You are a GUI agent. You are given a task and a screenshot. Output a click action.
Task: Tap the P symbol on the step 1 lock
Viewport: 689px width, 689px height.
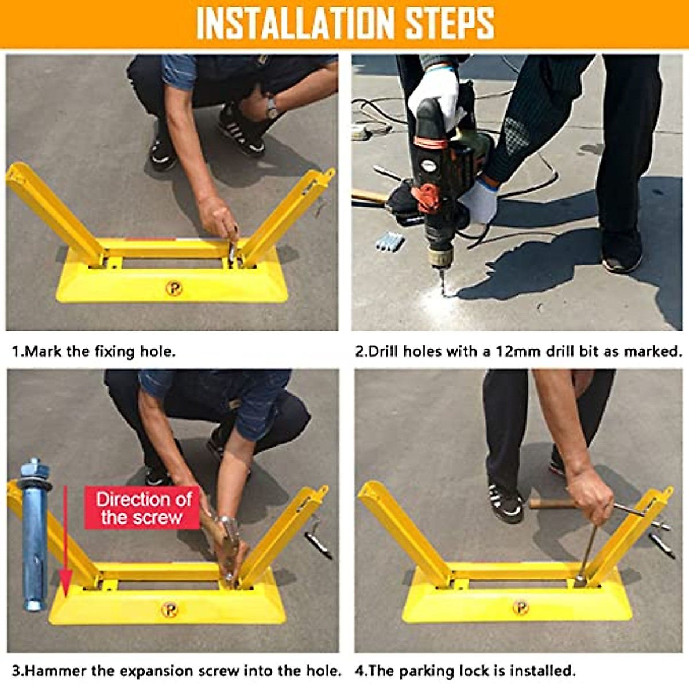click(x=174, y=288)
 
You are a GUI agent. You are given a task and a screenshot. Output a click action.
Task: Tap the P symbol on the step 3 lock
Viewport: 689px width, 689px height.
click(x=169, y=610)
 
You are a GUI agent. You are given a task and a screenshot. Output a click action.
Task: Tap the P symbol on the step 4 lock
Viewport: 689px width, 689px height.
click(x=521, y=607)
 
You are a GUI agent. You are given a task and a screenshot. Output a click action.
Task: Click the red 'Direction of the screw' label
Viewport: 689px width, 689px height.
click(x=142, y=508)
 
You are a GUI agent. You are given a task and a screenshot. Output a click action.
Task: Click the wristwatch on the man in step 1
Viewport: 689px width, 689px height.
click(x=273, y=110)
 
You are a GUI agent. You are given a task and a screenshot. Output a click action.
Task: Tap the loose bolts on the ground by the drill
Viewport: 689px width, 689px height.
click(x=390, y=242)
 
